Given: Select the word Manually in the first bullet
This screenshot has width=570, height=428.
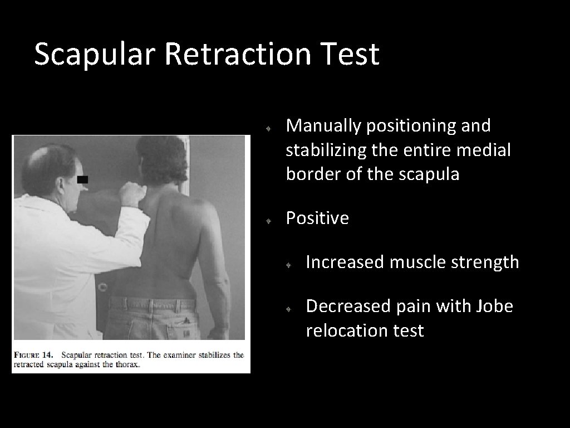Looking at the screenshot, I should tap(323, 127).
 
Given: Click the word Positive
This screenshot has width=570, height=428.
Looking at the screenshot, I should tap(317, 218).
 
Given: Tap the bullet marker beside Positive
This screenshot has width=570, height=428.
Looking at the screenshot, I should tap(268, 221).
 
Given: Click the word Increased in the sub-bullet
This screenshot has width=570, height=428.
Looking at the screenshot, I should tap(343, 262).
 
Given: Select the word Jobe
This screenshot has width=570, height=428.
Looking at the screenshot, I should tap(493, 307).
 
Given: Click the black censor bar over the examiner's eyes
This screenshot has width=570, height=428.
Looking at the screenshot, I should tap(82, 179).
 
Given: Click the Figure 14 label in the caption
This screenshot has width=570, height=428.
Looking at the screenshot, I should tap(34, 355).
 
